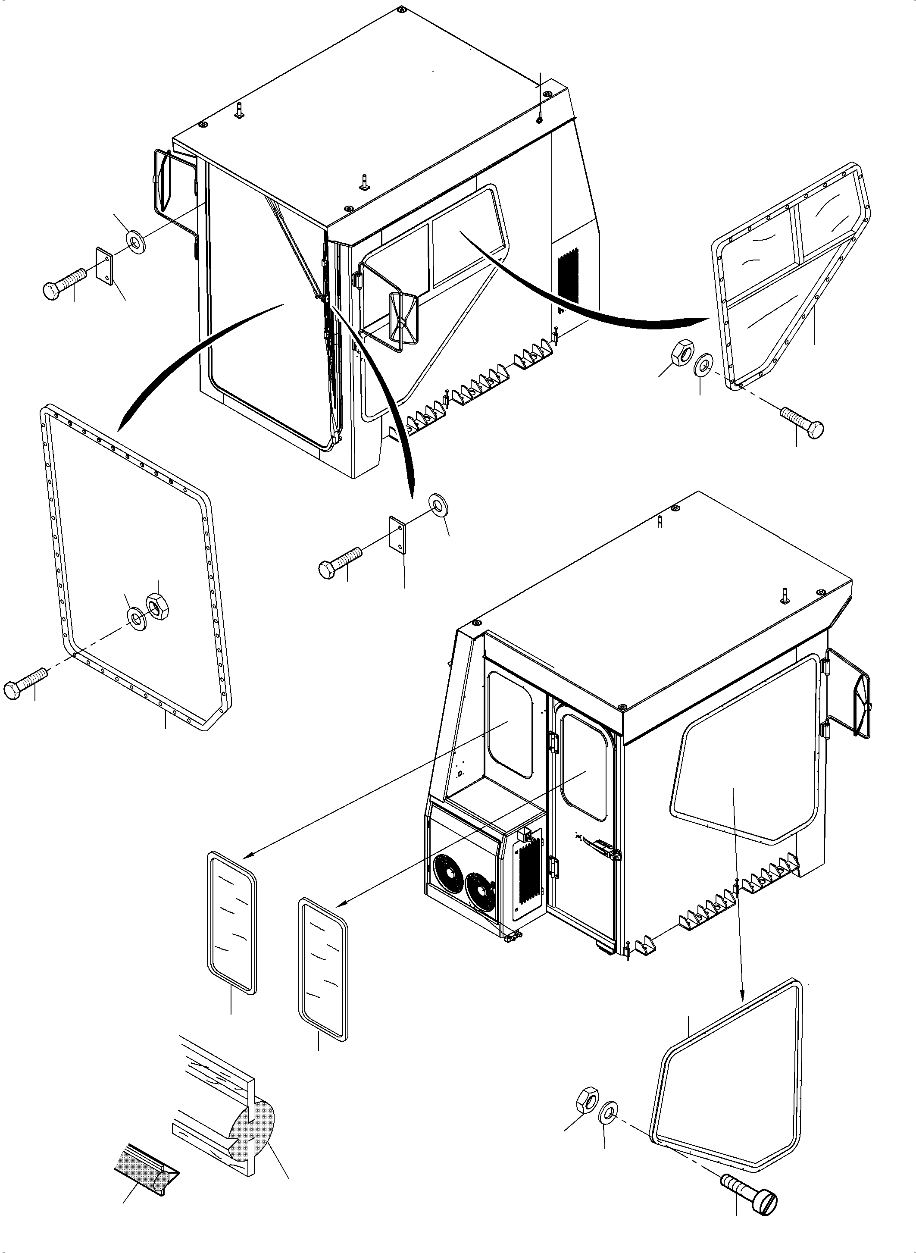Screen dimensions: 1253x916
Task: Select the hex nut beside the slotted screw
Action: click(x=587, y=1100)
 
